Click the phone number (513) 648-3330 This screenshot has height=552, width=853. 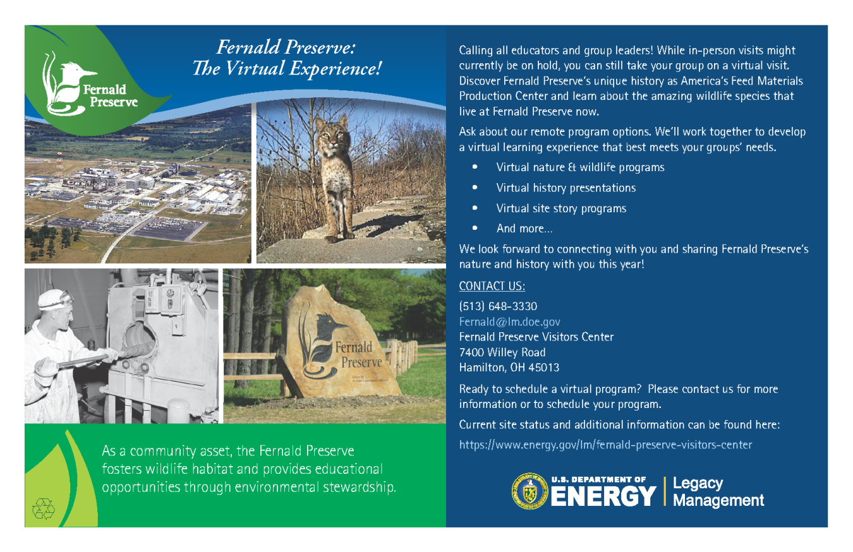click(498, 306)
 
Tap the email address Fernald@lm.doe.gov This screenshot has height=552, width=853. click(509, 321)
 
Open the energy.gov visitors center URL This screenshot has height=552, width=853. click(605, 445)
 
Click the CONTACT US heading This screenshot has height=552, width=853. click(492, 286)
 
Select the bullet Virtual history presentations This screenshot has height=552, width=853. click(566, 188)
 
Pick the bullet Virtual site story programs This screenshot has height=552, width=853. click(561, 208)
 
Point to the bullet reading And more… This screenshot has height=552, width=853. click(524, 229)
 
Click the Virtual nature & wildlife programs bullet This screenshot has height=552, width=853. click(580, 168)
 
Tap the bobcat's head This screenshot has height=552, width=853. click(332, 130)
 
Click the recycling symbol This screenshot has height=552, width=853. click(45, 508)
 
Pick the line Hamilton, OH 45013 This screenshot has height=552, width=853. click(509, 368)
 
